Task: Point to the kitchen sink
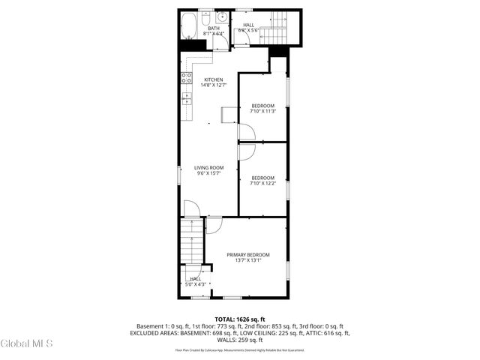[x=186, y=97]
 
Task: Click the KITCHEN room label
[x=214, y=79]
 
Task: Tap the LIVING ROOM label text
[x=209, y=167]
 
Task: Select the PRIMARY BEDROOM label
[x=248, y=255]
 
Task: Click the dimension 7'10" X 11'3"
[x=262, y=111]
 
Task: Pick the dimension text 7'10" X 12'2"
[x=262, y=183]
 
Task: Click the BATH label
[x=203, y=28]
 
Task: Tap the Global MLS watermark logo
[x=27, y=343]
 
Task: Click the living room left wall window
[x=178, y=173]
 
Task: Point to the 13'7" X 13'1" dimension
[x=248, y=261]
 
